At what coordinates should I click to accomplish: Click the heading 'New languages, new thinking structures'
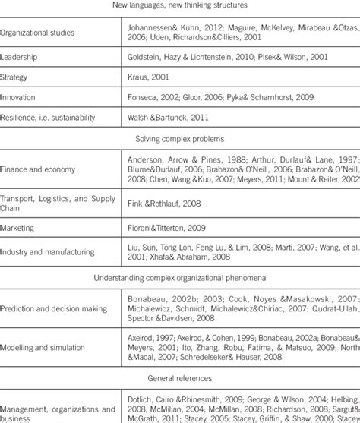(181, 6)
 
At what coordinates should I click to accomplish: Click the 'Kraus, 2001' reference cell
(146, 77)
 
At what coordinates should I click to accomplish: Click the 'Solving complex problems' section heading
(180, 140)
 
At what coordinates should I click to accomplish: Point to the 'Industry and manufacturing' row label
(47, 252)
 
